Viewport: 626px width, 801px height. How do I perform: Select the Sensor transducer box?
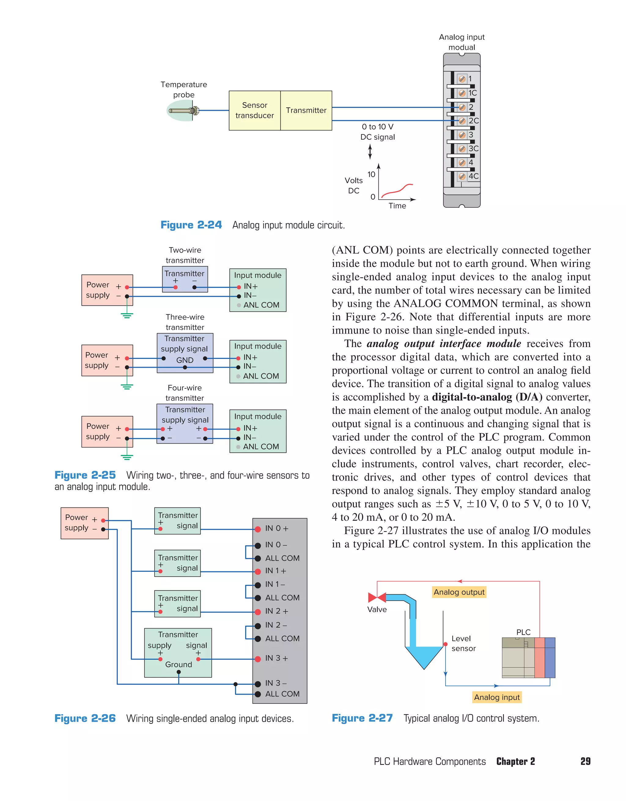click(x=255, y=110)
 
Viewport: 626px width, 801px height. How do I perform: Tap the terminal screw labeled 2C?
click(x=462, y=121)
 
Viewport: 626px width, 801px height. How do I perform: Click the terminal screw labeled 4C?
click(x=462, y=176)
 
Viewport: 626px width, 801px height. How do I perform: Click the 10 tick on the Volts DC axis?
click(x=371, y=175)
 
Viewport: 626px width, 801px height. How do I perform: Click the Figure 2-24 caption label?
click(x=191, y=225)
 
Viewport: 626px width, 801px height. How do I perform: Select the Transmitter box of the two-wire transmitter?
click(x=185, y=279)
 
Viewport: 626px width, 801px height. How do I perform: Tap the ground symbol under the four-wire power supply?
click(x=127, y=457)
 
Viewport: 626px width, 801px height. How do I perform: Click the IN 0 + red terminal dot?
click(x=258, y=529)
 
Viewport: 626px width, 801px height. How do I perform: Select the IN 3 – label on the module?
click(x=276, y=683)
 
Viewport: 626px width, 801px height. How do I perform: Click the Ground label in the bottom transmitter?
click(x=179, y=664)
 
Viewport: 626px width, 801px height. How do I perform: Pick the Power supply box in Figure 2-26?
click(x=84, y=523)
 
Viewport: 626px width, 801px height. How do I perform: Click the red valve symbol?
click(x=377, y=597)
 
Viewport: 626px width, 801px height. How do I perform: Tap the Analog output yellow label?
click(x=459, y=592)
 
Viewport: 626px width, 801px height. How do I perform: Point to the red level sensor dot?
click(x=445, y=644)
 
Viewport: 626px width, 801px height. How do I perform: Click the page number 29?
click(x=585, y=761)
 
